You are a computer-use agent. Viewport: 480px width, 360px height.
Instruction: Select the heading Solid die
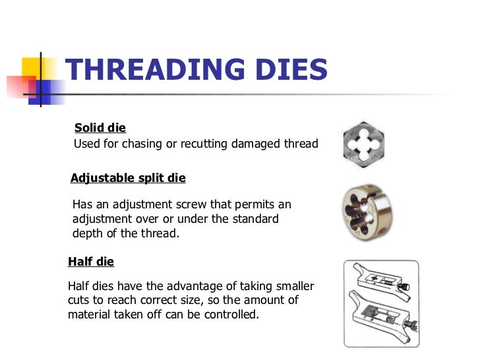(100, 128)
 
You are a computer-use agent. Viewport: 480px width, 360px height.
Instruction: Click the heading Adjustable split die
(128, 178)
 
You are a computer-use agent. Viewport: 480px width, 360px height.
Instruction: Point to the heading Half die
(91, 262)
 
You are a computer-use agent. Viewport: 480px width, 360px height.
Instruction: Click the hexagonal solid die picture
(364, 143)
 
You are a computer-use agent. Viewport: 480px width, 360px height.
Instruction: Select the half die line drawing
(380, 303)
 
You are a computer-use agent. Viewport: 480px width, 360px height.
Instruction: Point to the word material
(90, 315)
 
